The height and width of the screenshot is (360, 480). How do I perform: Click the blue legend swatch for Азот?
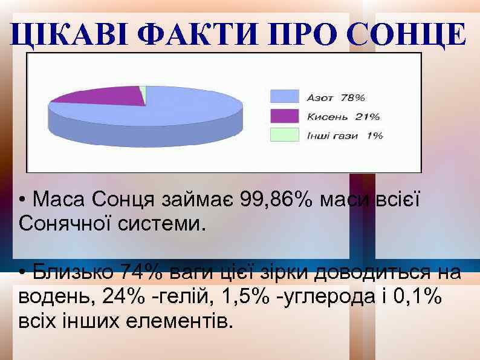(284, 96)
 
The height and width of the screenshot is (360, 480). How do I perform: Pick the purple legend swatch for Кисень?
(284, 116)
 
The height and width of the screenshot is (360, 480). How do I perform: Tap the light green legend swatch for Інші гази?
(284, 135)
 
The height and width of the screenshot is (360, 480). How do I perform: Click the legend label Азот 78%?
(336, 97)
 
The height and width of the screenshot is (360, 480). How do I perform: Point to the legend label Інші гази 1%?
(345, 136)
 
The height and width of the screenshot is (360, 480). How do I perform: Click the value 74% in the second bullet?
(141, 272)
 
